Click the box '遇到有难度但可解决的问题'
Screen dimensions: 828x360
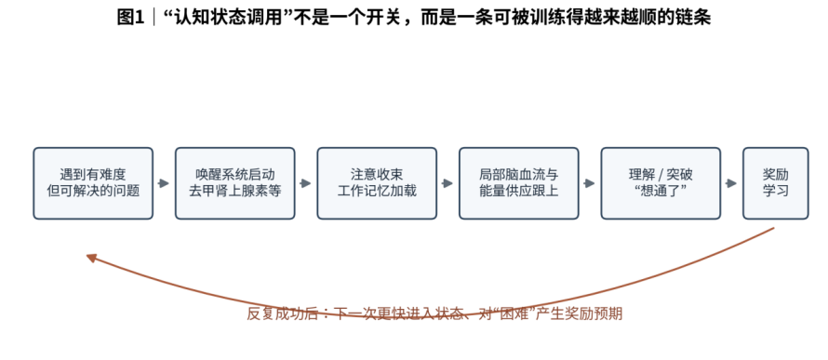coord(93,183)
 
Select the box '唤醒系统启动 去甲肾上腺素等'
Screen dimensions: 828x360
coord(235,183)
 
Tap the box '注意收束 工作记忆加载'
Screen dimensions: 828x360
coord(377,183)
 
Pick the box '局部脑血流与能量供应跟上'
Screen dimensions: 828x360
coord(518,183)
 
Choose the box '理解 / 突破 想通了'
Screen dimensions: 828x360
coord(661,183)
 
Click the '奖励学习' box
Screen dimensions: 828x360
coord(775,183)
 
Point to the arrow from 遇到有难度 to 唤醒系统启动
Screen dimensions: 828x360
coord(164,183)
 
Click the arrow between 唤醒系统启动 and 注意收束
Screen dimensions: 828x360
coord(306,183)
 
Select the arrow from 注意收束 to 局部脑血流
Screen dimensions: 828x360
coord(447,183)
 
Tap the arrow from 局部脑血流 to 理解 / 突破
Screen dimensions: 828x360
coord(589,183)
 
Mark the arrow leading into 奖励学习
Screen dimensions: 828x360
coord(731,183)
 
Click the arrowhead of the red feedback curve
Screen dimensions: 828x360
coord(91,258)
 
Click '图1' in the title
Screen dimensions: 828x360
coord(130,18)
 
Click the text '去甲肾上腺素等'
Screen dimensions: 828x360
coord(235,191)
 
